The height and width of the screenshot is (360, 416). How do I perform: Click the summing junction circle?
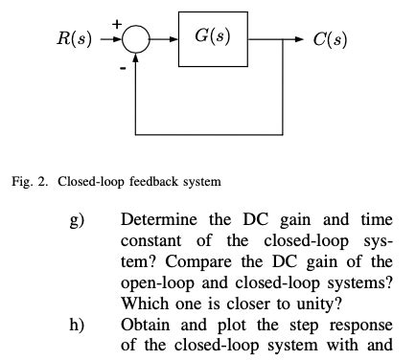[137, 39]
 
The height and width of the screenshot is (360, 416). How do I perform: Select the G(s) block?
[212, 38]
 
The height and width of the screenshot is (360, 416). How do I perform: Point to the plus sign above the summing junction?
[119, 22]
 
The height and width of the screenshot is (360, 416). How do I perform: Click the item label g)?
[79, 222]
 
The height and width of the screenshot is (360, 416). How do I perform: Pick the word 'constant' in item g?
[150, 242]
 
